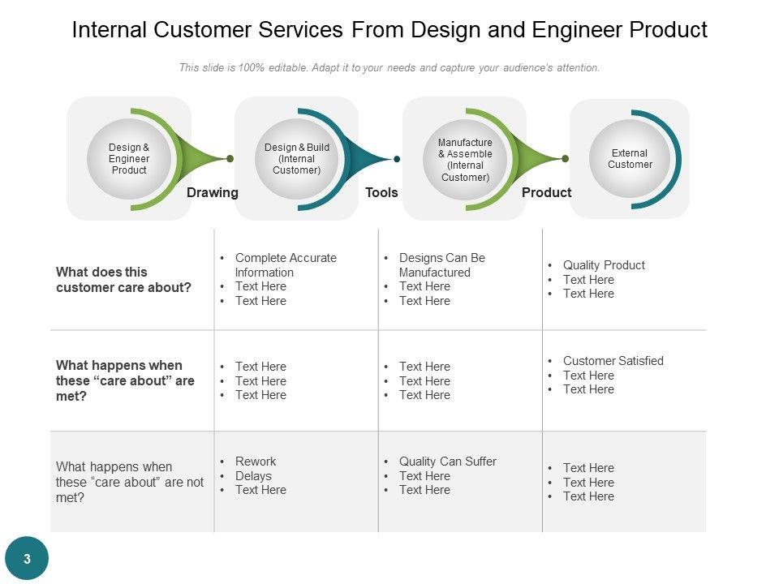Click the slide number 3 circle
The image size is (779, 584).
(27, 559)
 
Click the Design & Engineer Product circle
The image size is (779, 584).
(129, 159)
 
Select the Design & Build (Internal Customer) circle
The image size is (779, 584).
(297, 159)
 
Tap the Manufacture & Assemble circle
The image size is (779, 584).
(465, 160)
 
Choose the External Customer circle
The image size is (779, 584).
(630, 159)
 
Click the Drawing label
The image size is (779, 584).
(213, 193)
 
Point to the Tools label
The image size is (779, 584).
(381, 193)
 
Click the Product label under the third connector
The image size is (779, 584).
(546, 193)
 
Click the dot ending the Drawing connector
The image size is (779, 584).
(230, 159)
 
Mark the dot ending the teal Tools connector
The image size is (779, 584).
(397, 159)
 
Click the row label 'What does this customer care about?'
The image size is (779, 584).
(123, 280)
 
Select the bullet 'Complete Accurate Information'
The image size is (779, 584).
(285, 265)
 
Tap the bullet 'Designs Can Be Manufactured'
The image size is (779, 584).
(441, 265)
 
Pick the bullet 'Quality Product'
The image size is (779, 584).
(604, 265)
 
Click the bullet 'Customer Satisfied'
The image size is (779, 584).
(613, 361)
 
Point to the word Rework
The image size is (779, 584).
(256, 462)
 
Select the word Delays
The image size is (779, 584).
(253, 476)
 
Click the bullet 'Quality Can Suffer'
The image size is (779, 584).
(447, 462)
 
